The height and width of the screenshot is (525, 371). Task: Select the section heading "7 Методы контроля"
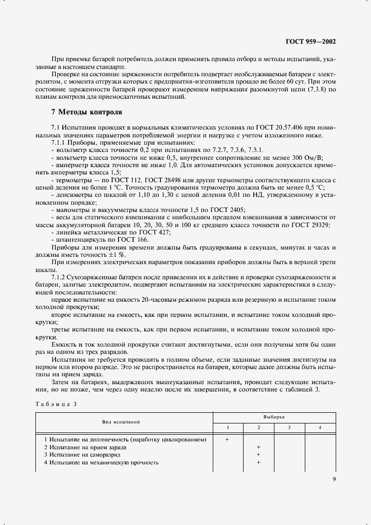click(86, 112)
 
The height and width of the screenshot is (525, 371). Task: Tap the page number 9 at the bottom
click(334, 479)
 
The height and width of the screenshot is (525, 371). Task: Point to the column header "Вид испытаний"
click(121, 421)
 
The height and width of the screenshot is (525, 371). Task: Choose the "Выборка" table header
click(274, 417)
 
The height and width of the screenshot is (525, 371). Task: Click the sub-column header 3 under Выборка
click(289, 428)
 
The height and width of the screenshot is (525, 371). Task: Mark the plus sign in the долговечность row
click(227, 439)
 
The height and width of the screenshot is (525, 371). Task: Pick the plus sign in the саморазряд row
click(258, 455)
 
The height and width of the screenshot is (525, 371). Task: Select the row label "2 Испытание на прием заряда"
click(85, 447)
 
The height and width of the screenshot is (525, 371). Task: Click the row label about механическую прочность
click(101, 463)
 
